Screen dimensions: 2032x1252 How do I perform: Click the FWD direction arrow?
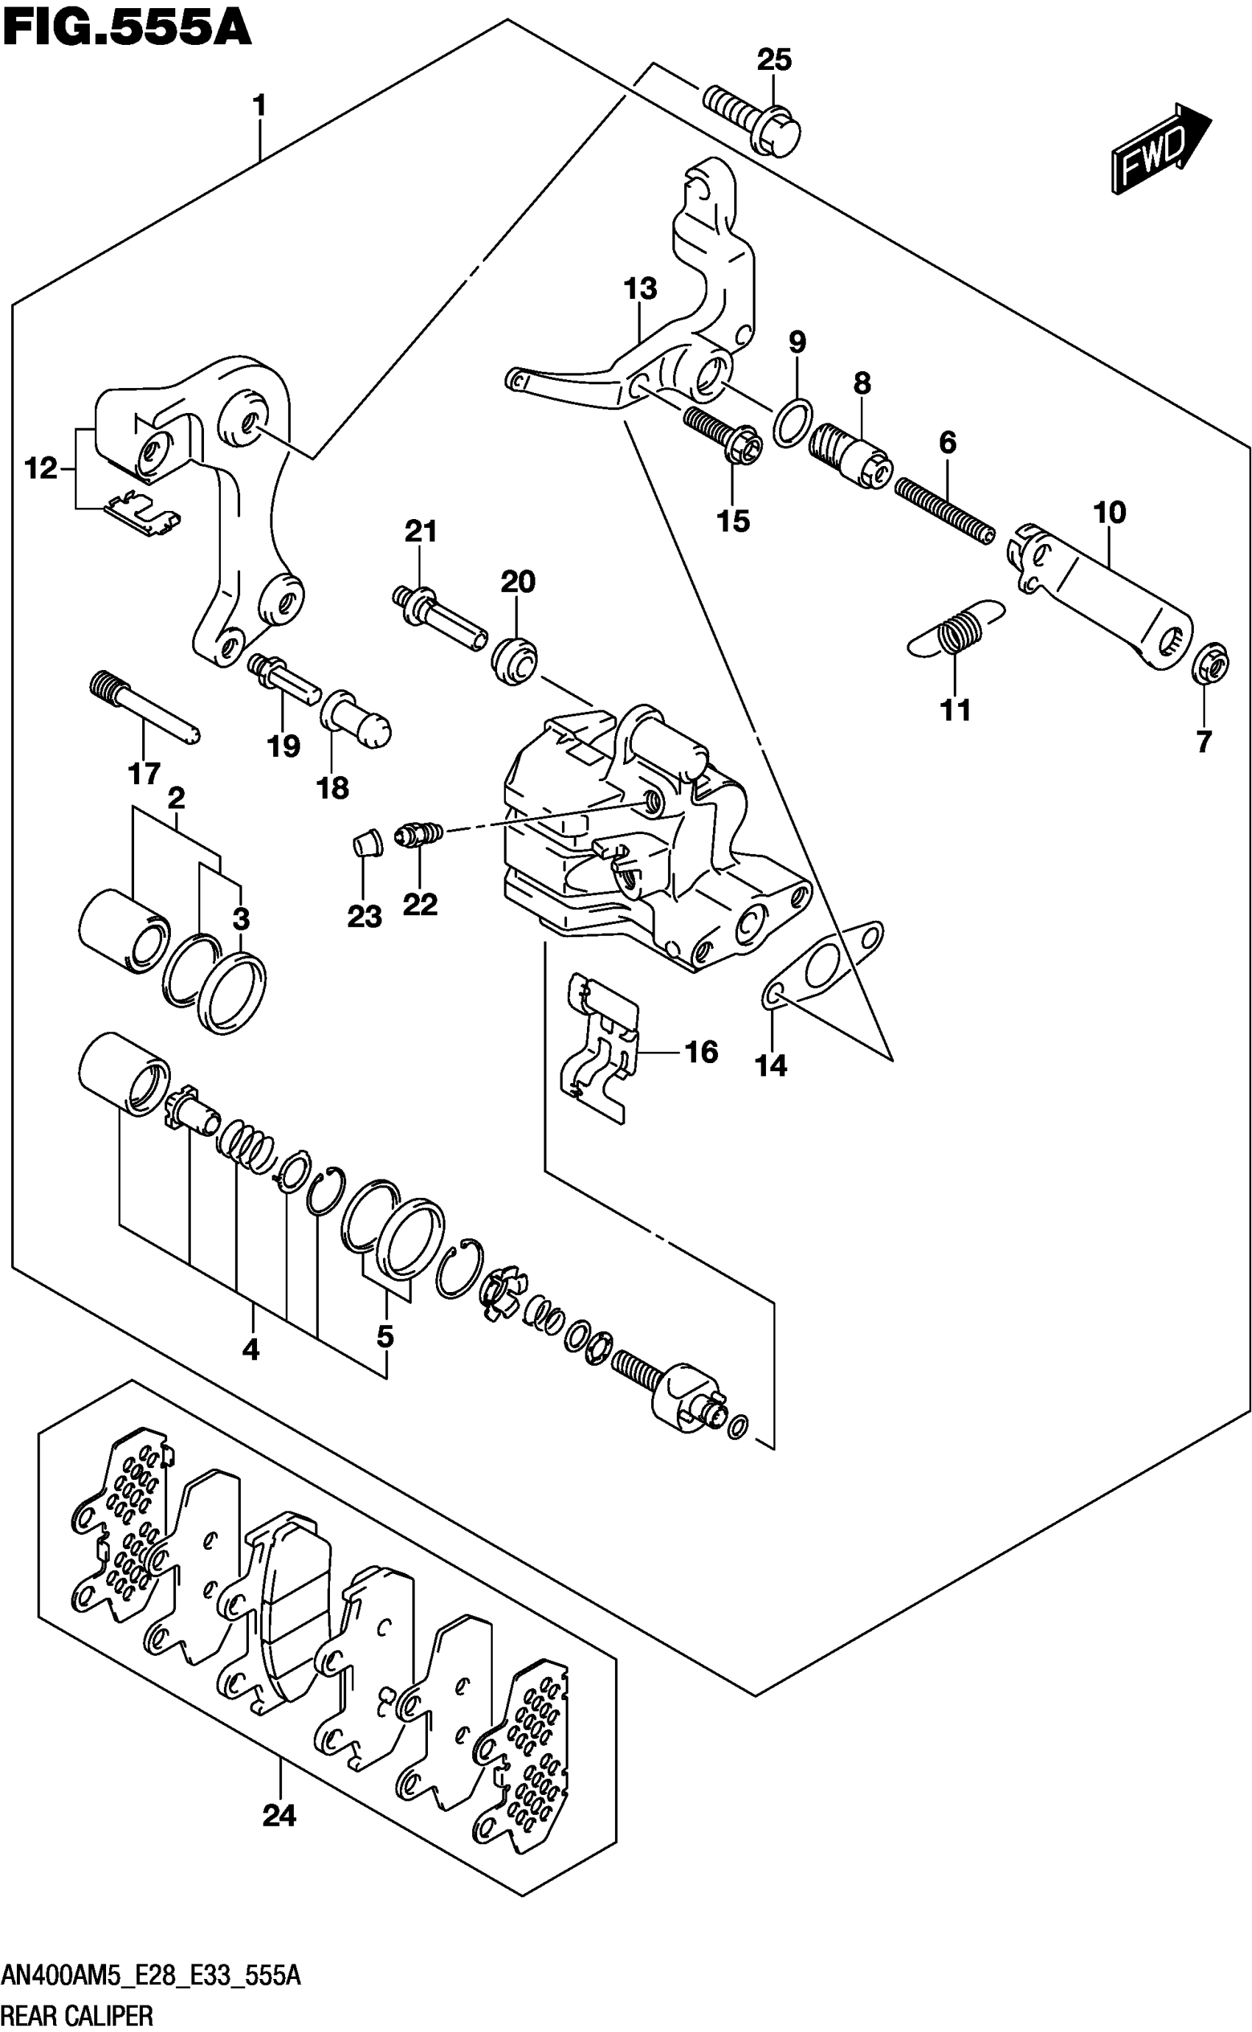(1159, 149)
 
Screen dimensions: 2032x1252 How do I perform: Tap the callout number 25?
(774, 60)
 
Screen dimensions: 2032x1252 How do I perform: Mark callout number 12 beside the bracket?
(41, 468)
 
